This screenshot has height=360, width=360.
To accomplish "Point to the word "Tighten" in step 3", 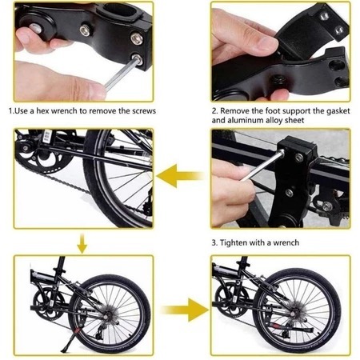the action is point(234,243).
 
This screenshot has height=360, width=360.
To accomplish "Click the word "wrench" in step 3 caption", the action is point(286,243).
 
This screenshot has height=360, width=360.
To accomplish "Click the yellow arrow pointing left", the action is point(180,175).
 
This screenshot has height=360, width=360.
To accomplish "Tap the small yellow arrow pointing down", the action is point(82,243).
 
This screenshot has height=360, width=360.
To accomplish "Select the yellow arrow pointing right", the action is point(186,310).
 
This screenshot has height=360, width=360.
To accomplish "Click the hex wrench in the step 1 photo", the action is point(122,74).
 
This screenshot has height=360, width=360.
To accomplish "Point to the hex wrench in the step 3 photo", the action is point(262,166).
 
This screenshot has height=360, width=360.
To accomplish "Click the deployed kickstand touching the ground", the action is point(70,339).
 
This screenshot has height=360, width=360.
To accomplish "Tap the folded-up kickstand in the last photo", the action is point(291,327).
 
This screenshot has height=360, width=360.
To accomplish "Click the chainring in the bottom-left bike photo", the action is point(48,303).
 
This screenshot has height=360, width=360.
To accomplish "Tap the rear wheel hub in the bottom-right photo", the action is point(294,314).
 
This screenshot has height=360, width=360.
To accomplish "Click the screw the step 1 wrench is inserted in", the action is point(137,59).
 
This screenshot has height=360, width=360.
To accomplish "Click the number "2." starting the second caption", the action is point(215,111).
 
